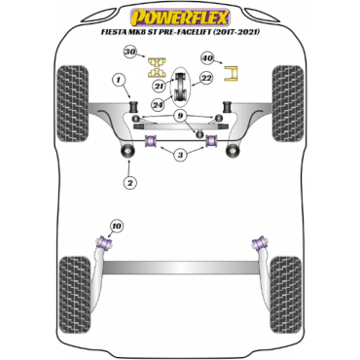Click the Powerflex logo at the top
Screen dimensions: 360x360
point(180,18)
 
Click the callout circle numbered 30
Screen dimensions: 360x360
point(130,52)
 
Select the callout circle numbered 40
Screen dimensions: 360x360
point(208,58)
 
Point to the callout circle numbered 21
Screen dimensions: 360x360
point(160,86)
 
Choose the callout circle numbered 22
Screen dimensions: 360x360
point(206,78)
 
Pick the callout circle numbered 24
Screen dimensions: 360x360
point(160,104)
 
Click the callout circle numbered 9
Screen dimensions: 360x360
point(180,116)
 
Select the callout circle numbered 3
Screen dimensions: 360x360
point(180,155)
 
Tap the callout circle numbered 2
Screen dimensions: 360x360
point(130,183)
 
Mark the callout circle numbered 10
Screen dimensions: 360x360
point(117,226)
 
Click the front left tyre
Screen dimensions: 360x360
point(72,103)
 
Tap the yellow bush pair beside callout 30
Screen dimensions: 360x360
point(157,67)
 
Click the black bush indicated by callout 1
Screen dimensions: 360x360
point(133,107)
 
